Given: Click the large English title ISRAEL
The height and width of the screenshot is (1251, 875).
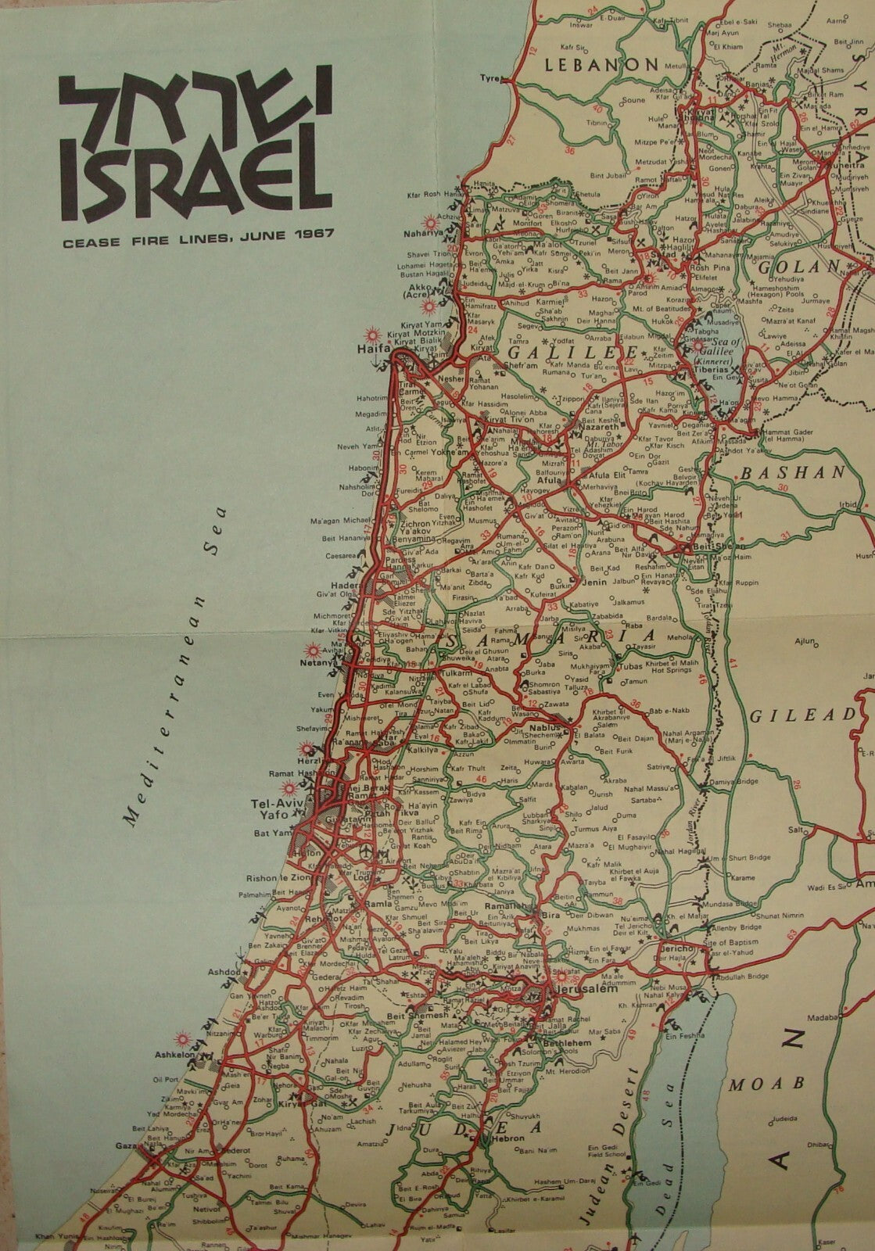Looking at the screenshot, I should (x=192, y=177).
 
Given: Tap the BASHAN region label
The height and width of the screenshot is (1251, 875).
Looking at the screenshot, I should (x=794, y=473).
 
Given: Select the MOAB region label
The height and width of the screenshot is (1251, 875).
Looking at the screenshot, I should (x=766, y=1084).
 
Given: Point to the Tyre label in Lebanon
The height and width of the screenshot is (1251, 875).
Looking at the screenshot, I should (x=489, y=78).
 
